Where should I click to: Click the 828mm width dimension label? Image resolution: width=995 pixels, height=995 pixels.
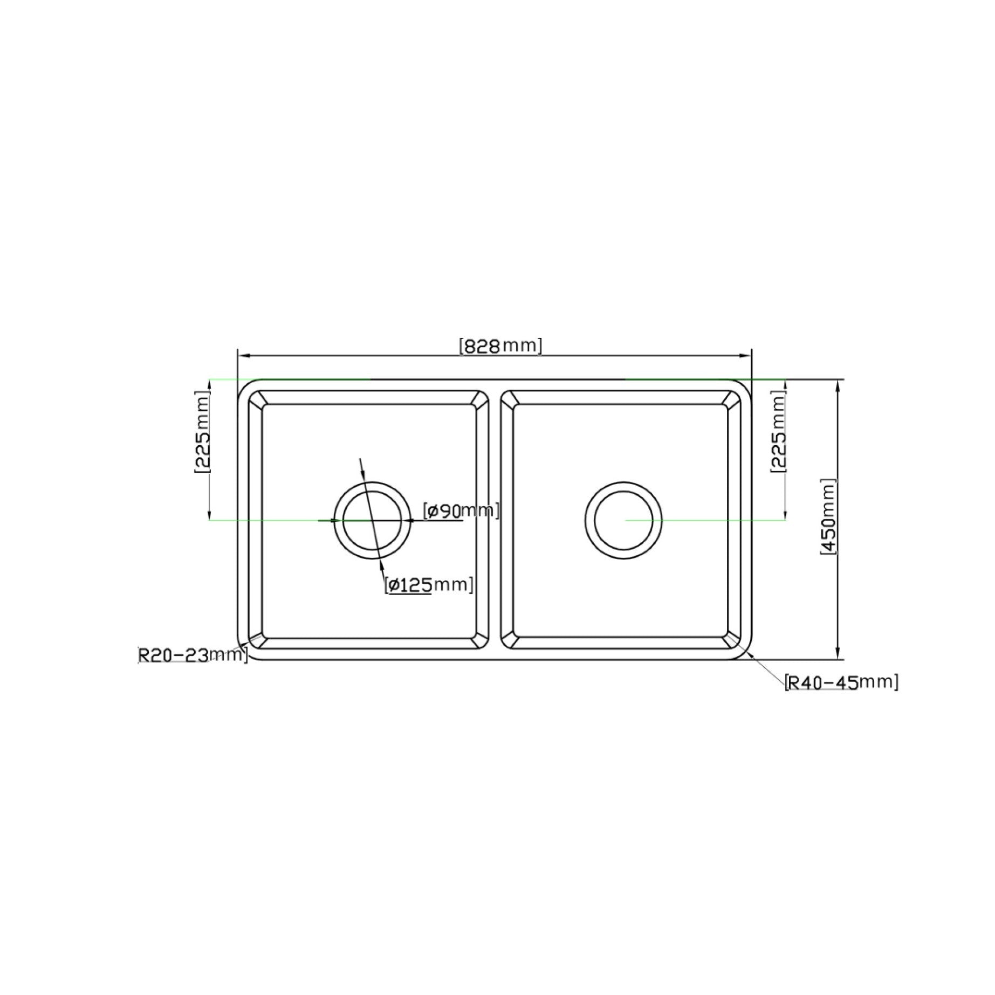(500, 346)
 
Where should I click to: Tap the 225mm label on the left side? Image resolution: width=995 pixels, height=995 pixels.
(202, 434)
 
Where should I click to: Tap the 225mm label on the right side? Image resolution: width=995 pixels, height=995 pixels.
(778, 434)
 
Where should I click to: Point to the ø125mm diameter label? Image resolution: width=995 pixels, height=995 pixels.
(430, 585)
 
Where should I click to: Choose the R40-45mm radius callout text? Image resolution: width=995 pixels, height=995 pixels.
(842, 682)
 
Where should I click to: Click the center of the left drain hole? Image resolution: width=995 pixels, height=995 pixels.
(373, 520)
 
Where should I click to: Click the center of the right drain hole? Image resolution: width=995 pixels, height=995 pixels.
(624, 520)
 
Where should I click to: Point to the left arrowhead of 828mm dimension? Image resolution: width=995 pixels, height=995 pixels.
(242, 356)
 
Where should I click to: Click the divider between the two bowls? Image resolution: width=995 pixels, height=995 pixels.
(495, 520)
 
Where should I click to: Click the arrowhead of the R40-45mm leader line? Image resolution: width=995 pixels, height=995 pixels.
(750, 654)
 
